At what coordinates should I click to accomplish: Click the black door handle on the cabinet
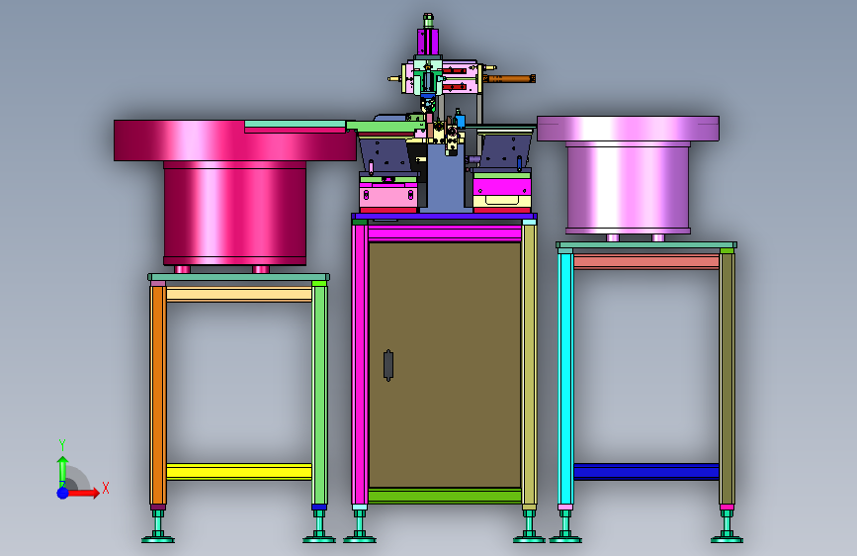(x=388, y=365)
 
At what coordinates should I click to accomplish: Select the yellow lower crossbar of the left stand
(x=239, y=471)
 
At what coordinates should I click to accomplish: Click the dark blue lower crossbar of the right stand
(x=646, y=471)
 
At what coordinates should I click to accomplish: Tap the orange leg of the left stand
(x=158, y=395)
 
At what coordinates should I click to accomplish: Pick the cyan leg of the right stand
(x=565, y=379)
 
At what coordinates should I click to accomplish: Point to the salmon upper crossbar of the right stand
(x=646, y=261)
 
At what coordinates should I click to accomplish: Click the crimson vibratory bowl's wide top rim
(x=235, y=140)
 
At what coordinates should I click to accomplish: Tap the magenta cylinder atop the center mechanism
(x=428, y=42)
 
